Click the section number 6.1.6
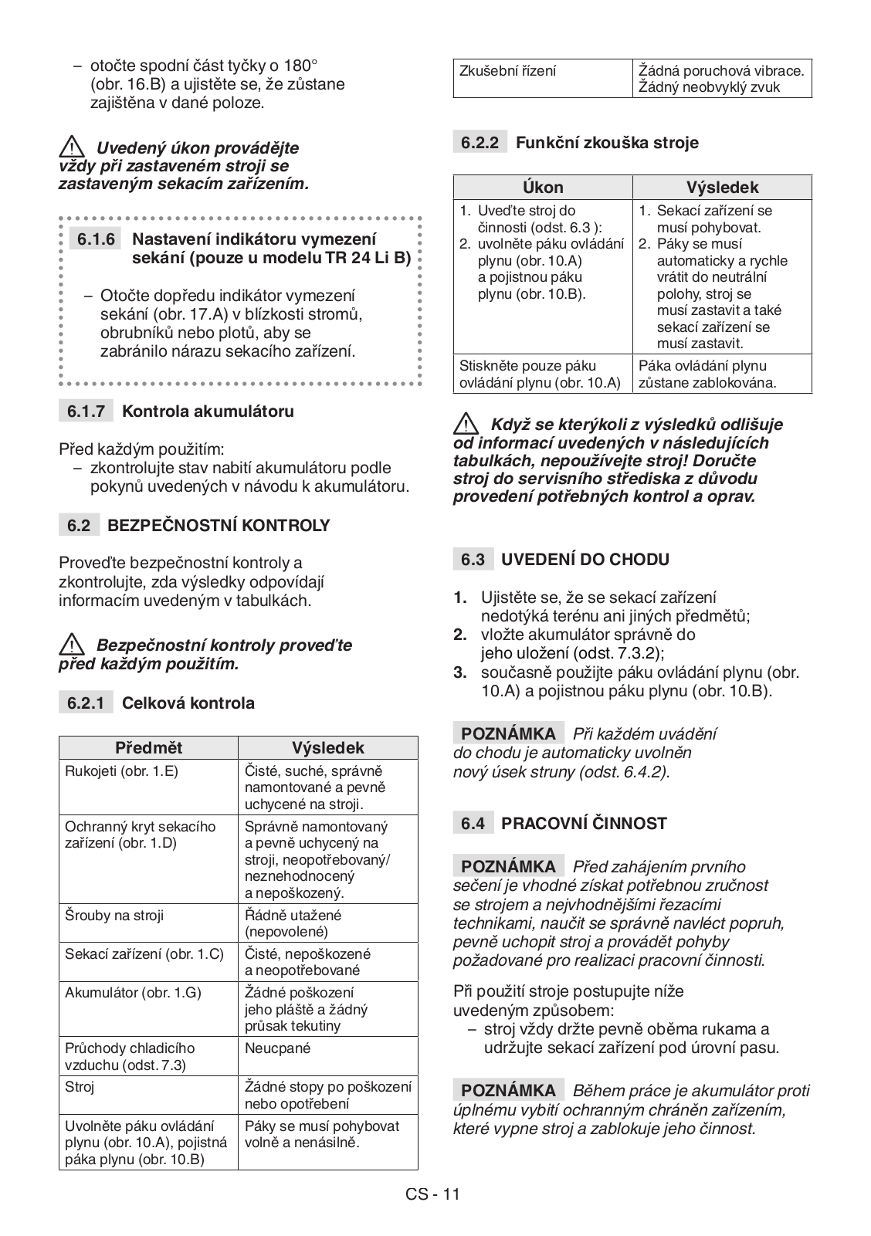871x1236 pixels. pos(96,239)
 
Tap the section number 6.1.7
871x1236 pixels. pos(85,411)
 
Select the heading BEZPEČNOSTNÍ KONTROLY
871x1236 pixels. pos(218,526)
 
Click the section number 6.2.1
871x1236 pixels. pos(85,703)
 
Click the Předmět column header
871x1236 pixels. pos(148,747)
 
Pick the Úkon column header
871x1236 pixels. pos(543,187)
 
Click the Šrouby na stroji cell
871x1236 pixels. pos(114,916)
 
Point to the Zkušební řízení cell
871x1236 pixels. pos(507,71)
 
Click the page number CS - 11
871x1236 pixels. pos(432,1194)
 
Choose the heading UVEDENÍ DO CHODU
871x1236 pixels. pos(585,560)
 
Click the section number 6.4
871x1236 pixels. pos(472,824)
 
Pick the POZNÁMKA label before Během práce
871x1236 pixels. pos(507,1091)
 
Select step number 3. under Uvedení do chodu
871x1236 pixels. pos(460,672)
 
